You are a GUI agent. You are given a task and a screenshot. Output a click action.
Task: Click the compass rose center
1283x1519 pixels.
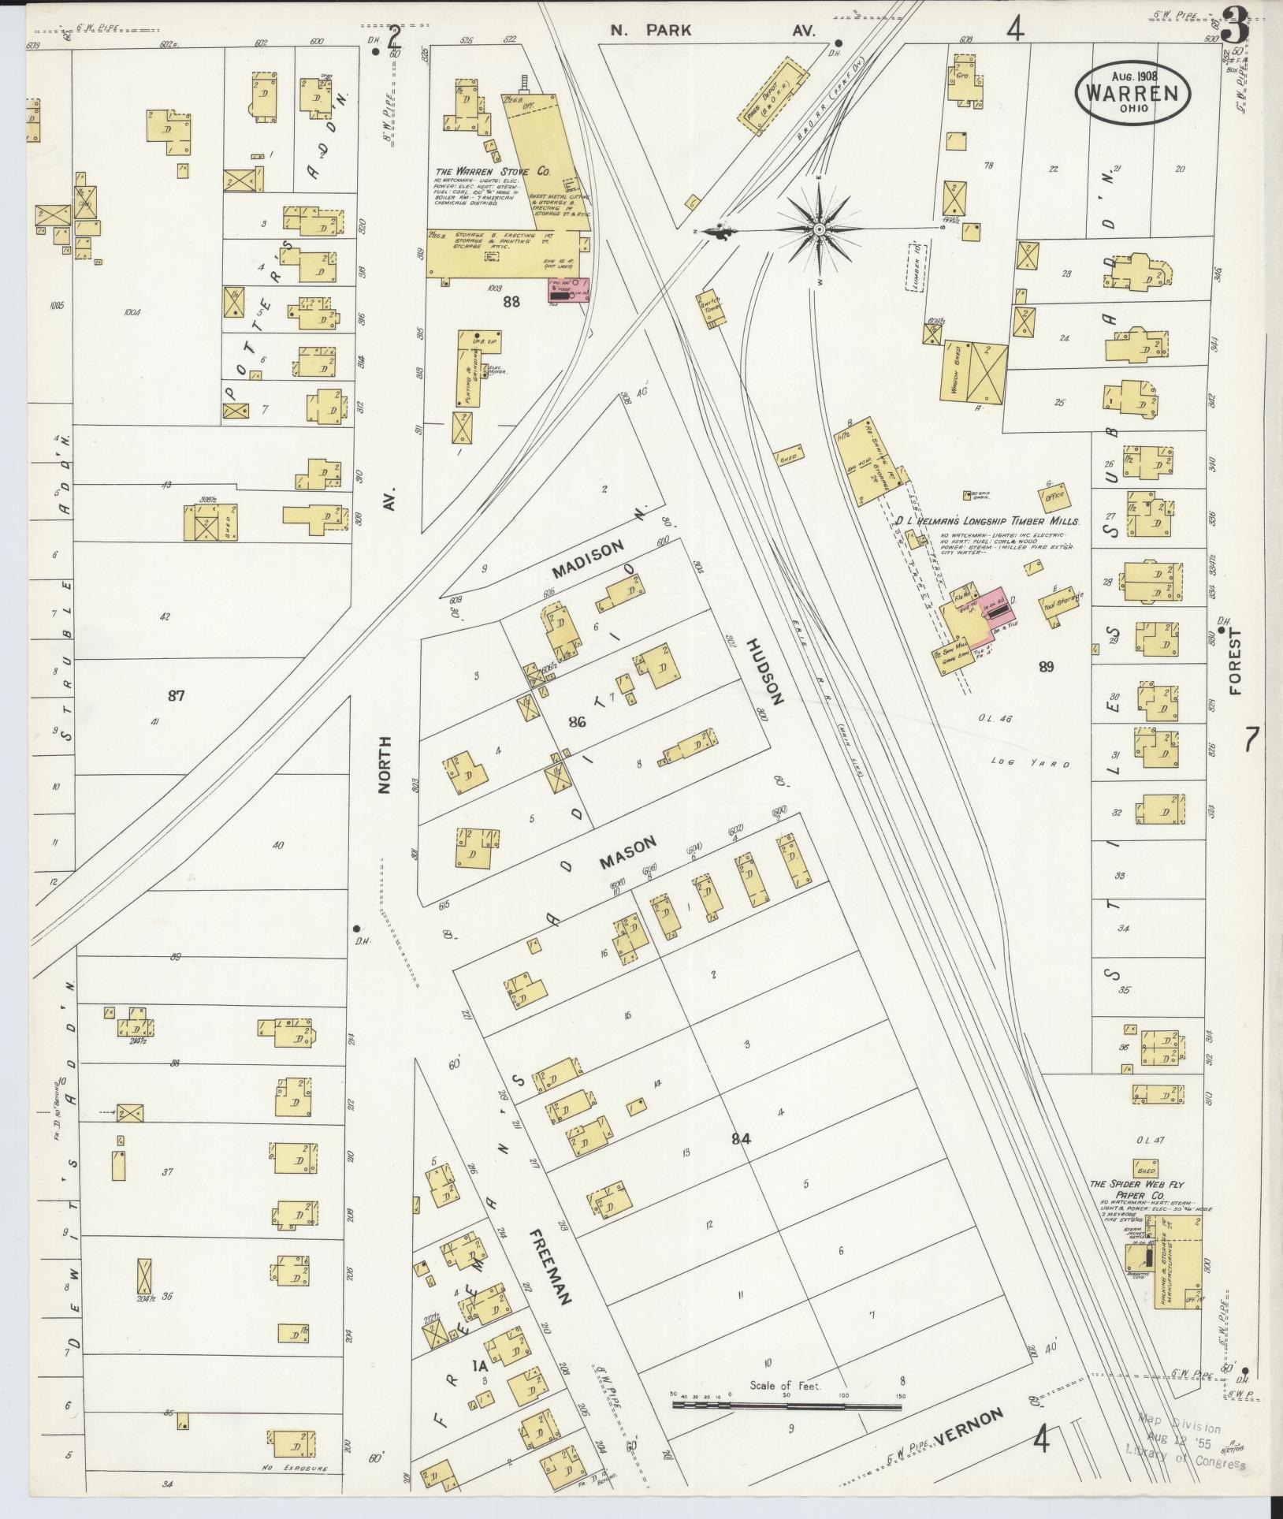tap(819, 229)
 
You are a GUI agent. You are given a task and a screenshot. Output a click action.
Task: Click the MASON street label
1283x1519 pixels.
tap(627, 854)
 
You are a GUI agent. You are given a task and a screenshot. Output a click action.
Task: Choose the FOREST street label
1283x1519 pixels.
tap(1233, 661)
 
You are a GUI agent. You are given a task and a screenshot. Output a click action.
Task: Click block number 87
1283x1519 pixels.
tap(176, 695)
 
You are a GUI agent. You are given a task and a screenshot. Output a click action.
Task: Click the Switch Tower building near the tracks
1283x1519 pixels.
tap(710, 310)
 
